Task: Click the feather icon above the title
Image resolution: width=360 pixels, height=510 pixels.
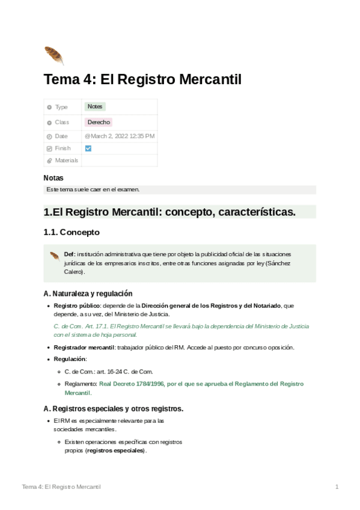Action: click(53, 55)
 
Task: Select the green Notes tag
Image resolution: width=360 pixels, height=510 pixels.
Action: click(95, 106)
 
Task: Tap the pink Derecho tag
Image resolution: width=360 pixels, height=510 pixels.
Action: click(99, 122)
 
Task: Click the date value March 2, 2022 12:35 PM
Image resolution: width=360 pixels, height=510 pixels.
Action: click(120, 136)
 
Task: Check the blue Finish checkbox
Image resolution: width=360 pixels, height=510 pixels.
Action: click(88, 148)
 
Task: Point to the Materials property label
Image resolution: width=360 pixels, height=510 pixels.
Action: click(66, 161)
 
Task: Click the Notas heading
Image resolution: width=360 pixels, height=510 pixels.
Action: click(53, 178)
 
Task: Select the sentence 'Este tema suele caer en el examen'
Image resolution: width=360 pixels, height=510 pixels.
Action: click(93, 189)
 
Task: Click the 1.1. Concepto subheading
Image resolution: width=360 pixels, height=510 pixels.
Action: click(72, 232)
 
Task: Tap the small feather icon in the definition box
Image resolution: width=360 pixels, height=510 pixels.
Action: click(54, 255)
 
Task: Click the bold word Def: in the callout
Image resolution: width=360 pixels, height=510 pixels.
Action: click(70, 254)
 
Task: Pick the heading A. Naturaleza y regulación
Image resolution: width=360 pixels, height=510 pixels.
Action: click(88, 293)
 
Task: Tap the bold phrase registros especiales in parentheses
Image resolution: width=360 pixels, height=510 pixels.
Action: click(115, 450)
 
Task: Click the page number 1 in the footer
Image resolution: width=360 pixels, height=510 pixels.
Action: click(337, 486)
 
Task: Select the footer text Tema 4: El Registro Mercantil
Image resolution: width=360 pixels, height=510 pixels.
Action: click(61, 486)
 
